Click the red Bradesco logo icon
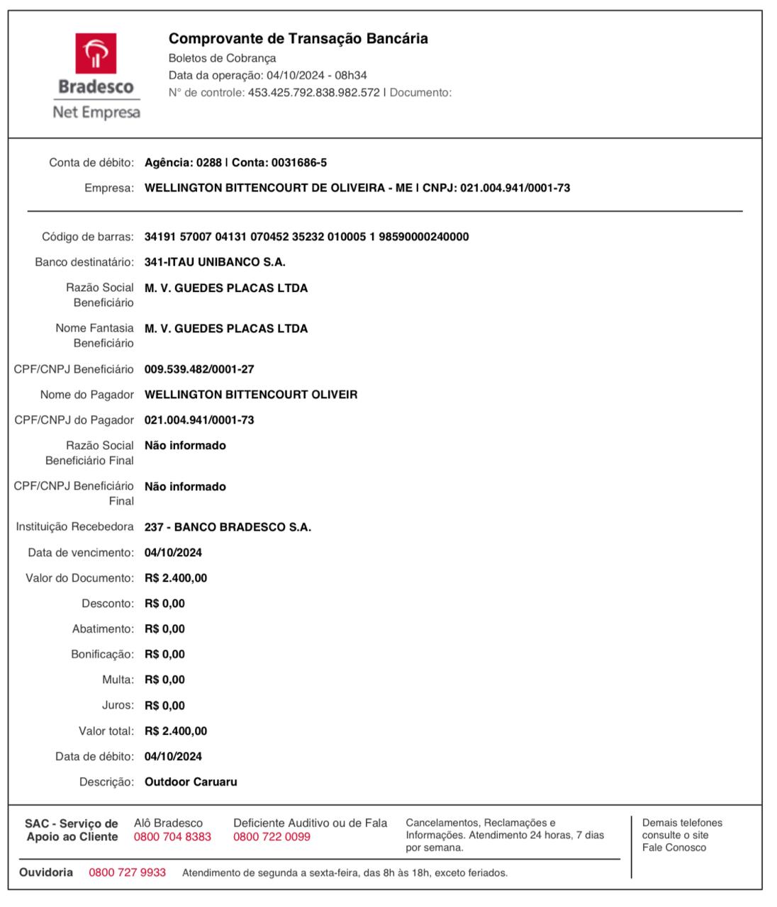(96, 53)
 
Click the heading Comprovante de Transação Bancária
(298, 39)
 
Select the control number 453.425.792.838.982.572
(313, 93)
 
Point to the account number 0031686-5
(298, 163)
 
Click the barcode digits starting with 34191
(306, 237)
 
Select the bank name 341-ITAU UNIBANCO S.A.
(215, 262)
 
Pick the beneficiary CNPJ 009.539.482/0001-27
(199, 369)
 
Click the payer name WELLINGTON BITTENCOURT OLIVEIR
(251, 395)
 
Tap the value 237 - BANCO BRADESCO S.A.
(228, 527)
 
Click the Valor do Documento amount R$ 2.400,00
(176, 578)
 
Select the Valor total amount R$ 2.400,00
(176, 731)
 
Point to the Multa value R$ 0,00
(164, 680)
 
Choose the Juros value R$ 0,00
(164, 706)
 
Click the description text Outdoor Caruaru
(191, 782)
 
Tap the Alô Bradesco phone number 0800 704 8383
(172, 837)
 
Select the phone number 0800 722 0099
(272, 837)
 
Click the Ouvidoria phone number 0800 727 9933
(127, 872)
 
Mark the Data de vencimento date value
(173, 553)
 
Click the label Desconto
(107, 604)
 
